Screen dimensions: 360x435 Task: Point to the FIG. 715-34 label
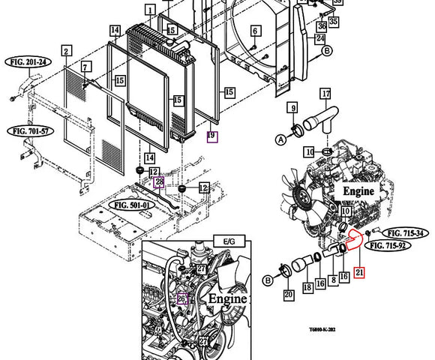click(405, 233)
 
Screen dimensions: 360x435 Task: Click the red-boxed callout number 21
click(361, 274)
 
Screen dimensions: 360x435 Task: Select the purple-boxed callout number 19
click(212, 136)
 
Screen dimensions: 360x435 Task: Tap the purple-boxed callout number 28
click(159, 182)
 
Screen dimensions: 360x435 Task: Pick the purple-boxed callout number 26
click(181, 298)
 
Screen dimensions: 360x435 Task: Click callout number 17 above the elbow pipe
click(325, 94)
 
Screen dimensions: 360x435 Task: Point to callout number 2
click(66, 51)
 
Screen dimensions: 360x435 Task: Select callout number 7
click(86, 67)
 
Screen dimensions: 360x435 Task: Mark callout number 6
click(255, 31)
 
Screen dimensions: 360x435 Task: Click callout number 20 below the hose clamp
click(289, 295)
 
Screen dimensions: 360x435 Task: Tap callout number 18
click(307, 287)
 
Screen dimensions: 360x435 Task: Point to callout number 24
click(320, 38)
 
